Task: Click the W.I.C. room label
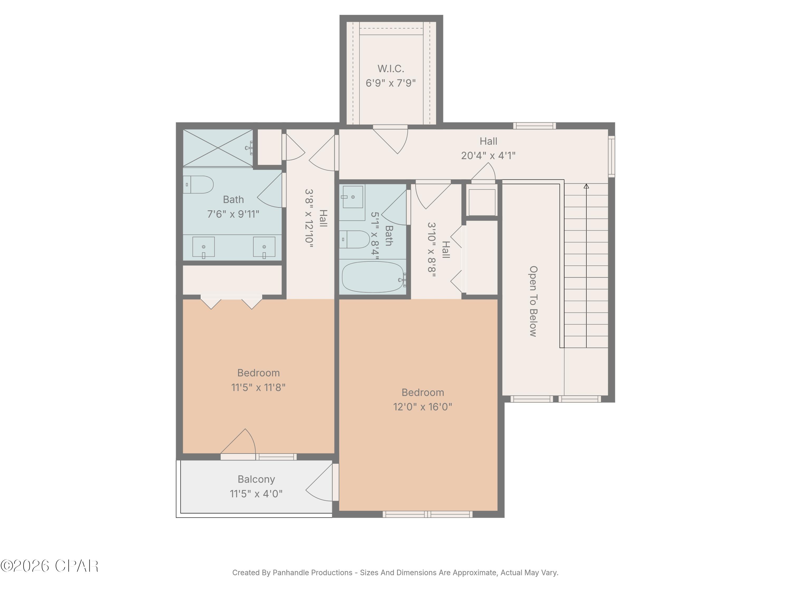(x=390, y=69)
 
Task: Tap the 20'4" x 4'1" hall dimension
(x=488, y=156)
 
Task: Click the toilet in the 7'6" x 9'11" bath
(x=199, y=184)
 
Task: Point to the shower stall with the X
(x=218, y=148)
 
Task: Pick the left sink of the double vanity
(x=204, y=247)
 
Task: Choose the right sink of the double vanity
(x=264, y=247)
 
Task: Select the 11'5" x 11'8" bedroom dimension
(x=258, y=387)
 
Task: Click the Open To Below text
(x=533, y=301)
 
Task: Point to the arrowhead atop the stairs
(x=586, y=186)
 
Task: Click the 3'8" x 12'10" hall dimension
(x=309, y=218)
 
